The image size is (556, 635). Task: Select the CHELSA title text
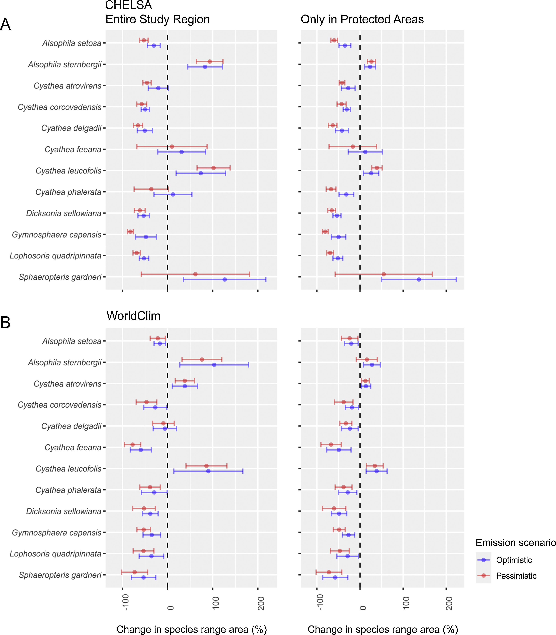[x=128, y=5]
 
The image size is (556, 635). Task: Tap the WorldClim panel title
[x=133, y=316]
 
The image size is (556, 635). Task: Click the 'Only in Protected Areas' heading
[x=362, y=19]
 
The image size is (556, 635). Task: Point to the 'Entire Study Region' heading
[x=158, y=19]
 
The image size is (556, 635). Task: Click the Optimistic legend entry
[x=514, y=560]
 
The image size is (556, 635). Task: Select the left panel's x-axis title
[x=192, y=629]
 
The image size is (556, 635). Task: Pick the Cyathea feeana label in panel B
[x=73, y=447]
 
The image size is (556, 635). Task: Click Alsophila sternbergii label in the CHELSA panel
[x=65, y=64]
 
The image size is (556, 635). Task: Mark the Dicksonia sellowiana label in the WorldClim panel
[x=64, y=511]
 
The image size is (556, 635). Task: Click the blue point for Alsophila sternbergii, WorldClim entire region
[x=214, y=365]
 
